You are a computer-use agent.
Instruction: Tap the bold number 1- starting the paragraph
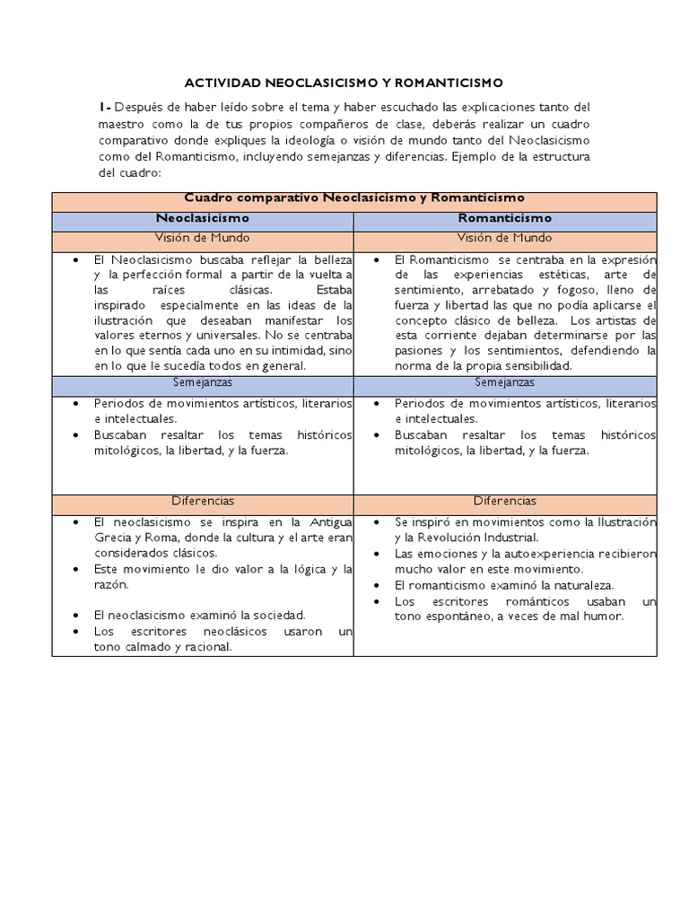105,108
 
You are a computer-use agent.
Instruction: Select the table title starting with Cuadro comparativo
353,198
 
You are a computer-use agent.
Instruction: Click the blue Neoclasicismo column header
203,218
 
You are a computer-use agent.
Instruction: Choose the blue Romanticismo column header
505,218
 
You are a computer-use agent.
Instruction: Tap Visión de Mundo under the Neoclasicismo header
203,239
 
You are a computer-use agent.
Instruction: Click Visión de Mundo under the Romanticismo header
505,239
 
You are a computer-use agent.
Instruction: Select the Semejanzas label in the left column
203,382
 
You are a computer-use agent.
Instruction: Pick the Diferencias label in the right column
505,501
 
